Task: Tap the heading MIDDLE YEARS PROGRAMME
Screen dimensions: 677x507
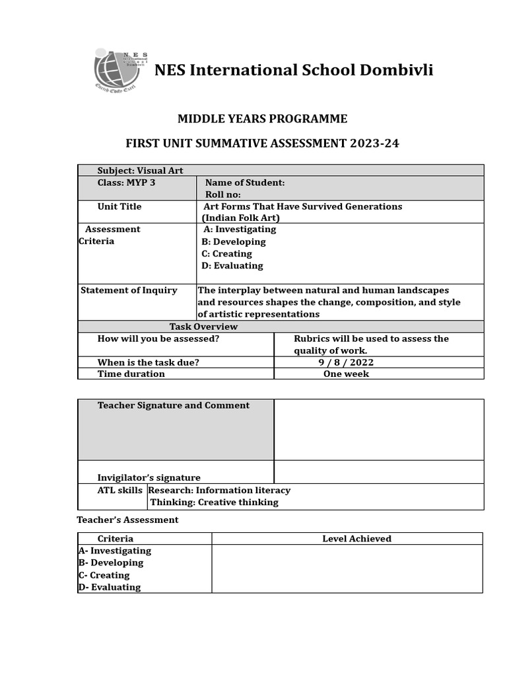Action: [262, 119]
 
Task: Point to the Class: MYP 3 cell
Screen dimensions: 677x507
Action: [127, 182]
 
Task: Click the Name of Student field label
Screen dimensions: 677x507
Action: [245, 182]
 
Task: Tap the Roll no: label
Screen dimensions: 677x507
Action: [223, 194]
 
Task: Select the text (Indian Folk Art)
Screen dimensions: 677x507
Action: [241, 218]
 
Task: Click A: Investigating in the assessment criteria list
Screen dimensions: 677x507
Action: [240, 229]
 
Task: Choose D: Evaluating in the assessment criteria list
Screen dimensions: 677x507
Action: [232, 266]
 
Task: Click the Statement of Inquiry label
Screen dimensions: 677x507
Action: [129, 290]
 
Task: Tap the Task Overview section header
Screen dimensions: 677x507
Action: [203, 327]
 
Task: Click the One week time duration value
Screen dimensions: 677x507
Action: [346, 374]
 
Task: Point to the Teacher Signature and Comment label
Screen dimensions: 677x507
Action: [174, 405]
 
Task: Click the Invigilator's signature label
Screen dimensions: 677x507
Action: [149, 477]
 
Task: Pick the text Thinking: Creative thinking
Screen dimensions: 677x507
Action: [215, 502]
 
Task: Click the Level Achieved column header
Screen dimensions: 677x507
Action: [356, 539]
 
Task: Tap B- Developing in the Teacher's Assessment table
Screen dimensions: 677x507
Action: [111, 563]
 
